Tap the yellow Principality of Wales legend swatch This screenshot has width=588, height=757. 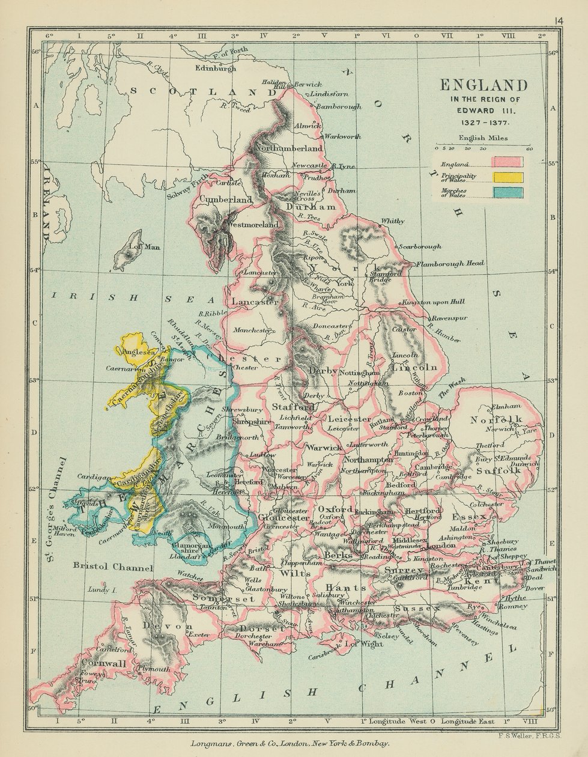508,177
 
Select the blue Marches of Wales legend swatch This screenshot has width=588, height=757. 508,192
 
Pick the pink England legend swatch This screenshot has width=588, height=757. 508,161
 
